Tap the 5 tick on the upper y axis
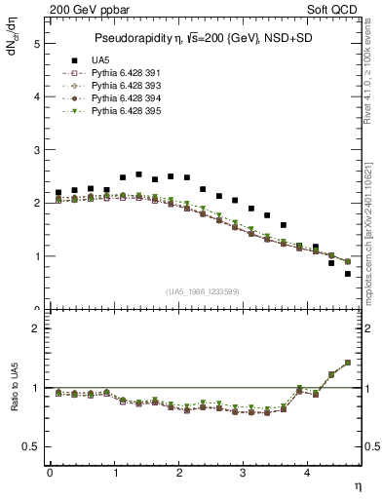coord(36,44)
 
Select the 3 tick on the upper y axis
coord(36,150)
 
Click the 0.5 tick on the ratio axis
coord(32,446)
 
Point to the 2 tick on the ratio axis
coord(36,328)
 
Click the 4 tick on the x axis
coord(308,475)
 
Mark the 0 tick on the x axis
coord(50,475)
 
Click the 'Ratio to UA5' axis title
coord(15,401)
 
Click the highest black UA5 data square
coord(138,174)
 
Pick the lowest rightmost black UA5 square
coord(347,274)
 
